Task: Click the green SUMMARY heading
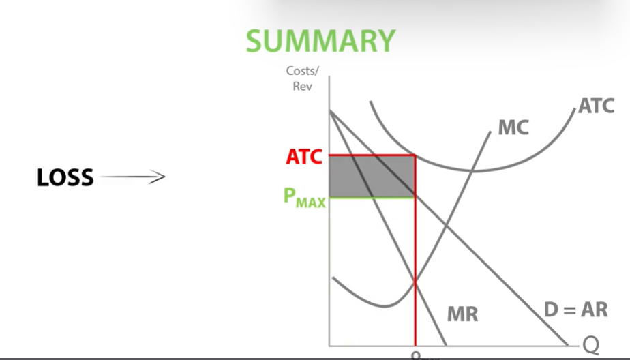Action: click(320, 41)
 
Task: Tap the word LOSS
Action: click(65, 178)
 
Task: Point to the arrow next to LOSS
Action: click(132, 178)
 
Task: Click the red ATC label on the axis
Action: click(303, 157)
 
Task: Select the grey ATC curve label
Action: click(595, 106)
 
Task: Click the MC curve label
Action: click(513, 127)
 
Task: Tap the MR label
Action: click(462, 314)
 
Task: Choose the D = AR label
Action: click(575, 309)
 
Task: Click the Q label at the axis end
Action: click(590, 346)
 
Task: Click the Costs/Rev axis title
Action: click(301, 78)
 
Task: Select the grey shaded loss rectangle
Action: click(372, 177)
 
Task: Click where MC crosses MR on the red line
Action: click(415, 282)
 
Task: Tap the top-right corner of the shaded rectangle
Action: click(415, 155)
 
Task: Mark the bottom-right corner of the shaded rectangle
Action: click(415, 198)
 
